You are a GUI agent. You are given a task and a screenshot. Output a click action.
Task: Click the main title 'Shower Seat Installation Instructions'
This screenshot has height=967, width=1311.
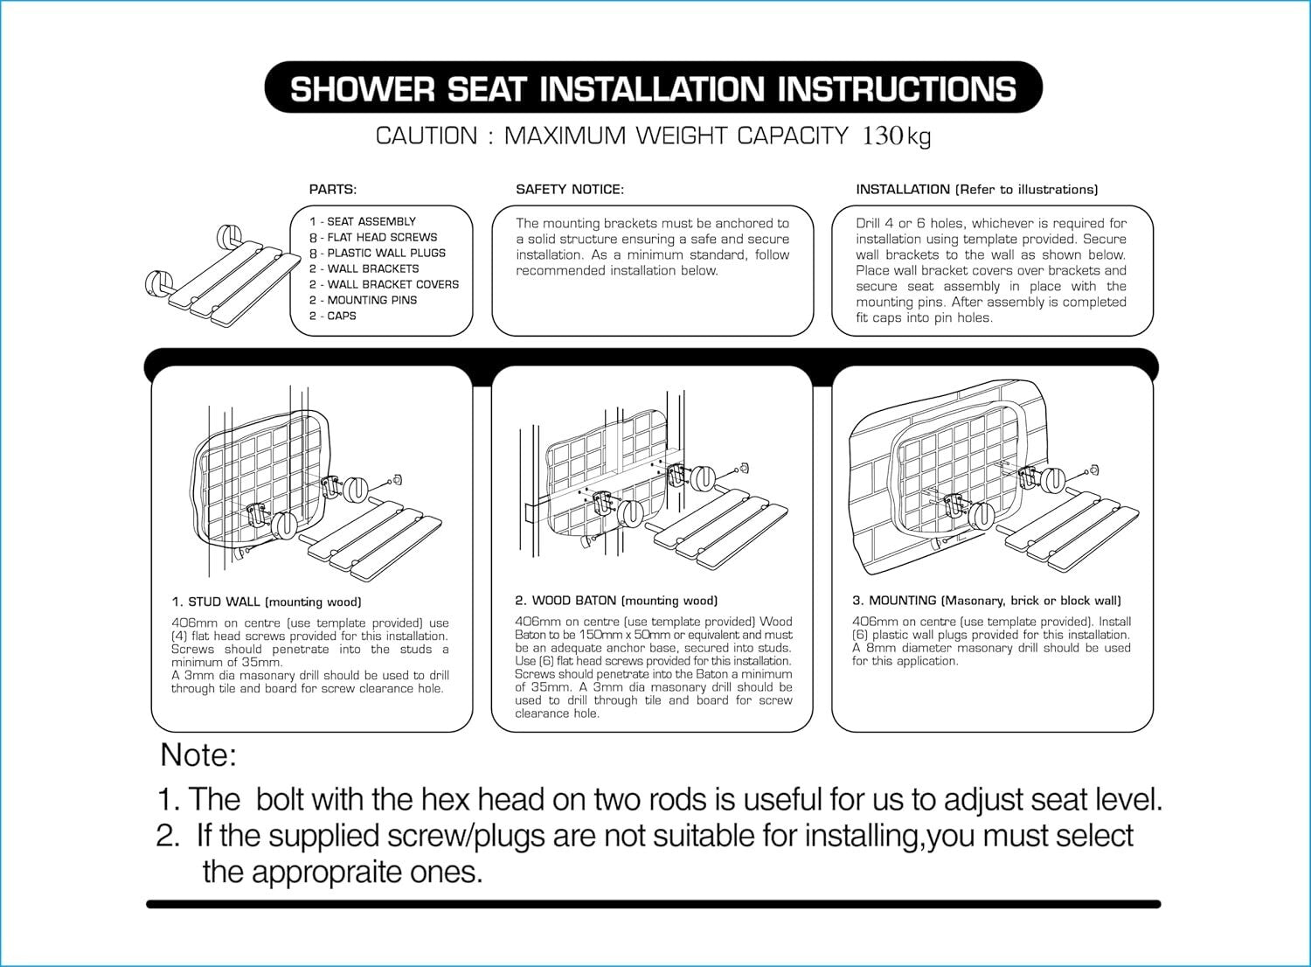[653, 89]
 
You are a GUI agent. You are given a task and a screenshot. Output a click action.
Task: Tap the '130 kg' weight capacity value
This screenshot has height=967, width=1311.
[897, 136]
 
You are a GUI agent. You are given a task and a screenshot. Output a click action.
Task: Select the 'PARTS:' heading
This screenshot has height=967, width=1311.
[333, 189]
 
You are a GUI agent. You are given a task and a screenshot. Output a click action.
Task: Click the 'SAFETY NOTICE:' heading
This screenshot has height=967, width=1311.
[570, 189]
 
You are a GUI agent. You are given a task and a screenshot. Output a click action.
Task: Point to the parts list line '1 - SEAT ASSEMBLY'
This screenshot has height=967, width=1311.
[363, 222]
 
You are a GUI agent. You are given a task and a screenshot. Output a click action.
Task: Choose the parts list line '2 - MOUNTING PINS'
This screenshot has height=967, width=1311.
[363, 300]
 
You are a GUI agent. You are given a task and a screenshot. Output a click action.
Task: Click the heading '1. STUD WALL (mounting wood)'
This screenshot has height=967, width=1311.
[267, 602]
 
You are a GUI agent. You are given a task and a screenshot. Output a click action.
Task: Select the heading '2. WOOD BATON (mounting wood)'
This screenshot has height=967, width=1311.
[616, 601]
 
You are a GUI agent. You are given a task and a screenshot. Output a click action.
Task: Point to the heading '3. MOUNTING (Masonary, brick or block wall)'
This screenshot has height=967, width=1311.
[987, 601]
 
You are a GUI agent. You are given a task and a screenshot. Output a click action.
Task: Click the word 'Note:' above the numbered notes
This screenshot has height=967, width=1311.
[198, 755]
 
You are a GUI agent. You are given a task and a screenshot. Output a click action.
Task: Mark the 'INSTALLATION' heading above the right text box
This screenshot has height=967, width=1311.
[903, 189]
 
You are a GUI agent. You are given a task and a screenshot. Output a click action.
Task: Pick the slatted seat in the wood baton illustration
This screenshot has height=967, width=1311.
[725, 529]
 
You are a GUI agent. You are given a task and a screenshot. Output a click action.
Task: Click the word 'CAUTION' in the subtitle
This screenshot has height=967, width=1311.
[427, 136]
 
